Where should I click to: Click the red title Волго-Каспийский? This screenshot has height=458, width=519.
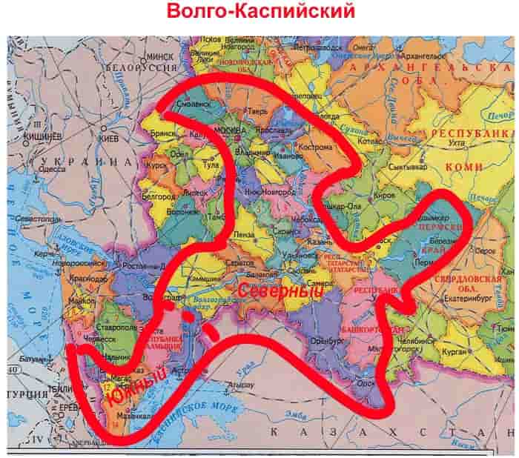point(260,13)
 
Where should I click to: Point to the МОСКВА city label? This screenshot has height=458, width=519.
point(223,130)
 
